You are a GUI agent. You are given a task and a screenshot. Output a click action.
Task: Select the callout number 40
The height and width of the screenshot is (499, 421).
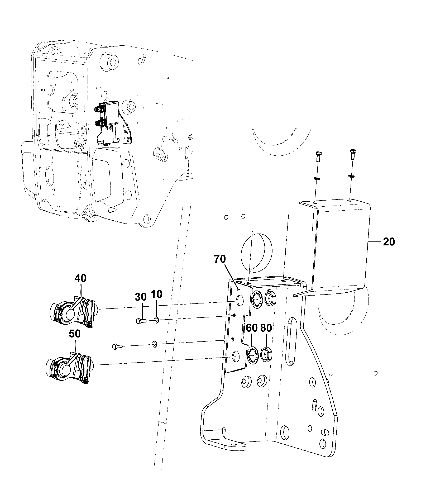(x=80, y=278)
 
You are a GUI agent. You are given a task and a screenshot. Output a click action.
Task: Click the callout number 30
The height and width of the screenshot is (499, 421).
(x=141, y=297)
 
